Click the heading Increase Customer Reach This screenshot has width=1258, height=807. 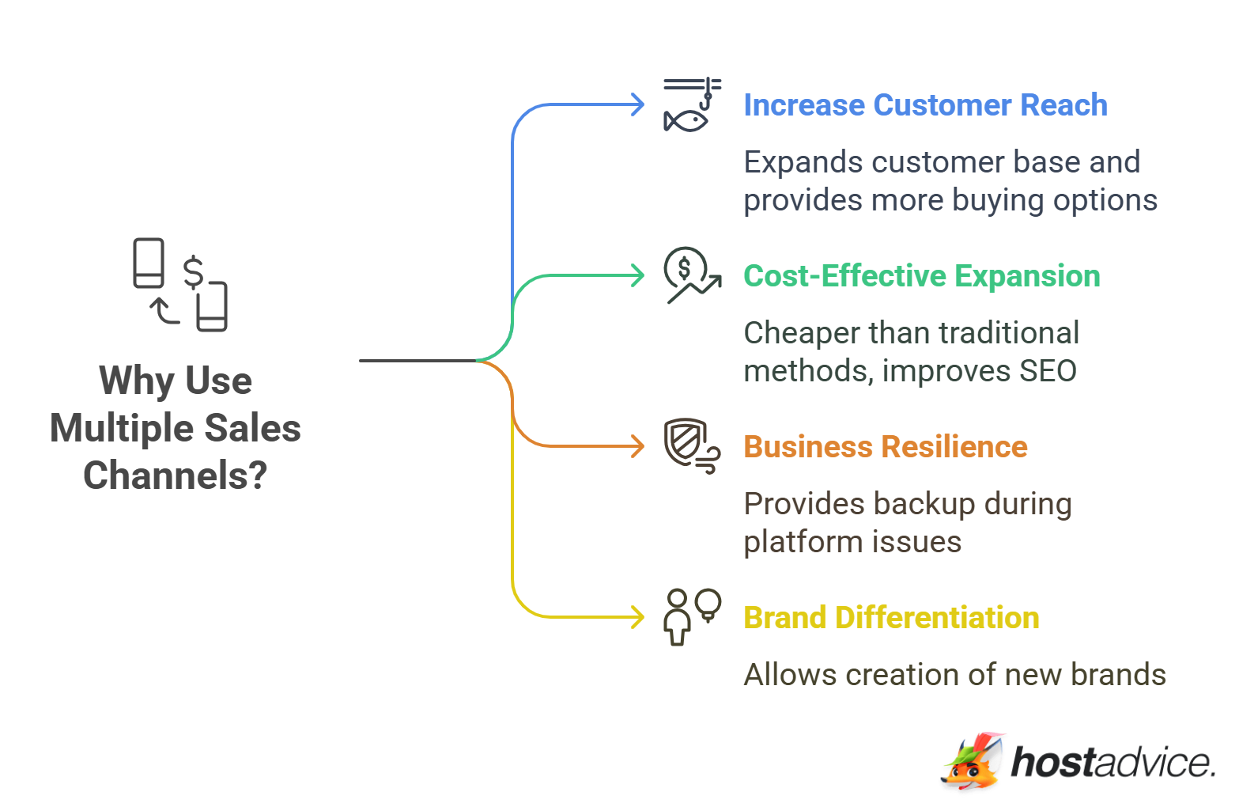pyautogui.click(x=925, y=105)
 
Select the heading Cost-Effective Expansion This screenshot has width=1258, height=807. pyautogui.click(x=921, y=276)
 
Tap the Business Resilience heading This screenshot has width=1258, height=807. pyautogui.click(x=885, y=447)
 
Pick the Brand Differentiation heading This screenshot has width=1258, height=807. pyautogui.click(x=891, y=618)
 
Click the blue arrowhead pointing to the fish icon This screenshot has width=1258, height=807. pyautogui.click(x=637, y=104)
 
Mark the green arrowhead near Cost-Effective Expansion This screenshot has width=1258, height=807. pyautogui.click(x=637, y=275)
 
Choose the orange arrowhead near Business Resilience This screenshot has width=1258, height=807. pyautogui.click(x=637, y=446)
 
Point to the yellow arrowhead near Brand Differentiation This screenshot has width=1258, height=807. pyautogui.click(x=637, y=617)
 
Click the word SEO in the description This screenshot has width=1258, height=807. pyautogui.click(x=1048, y=371)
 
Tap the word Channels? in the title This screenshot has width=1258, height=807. pyautogui.click(x=176, y=475)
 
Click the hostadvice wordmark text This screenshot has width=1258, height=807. pyautogui.click(x=1113, y=763)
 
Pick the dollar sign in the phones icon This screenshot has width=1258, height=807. pyautogui.click(x=194, y=272)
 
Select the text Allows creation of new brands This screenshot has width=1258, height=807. pyautogui.click(x=954, y=675)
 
